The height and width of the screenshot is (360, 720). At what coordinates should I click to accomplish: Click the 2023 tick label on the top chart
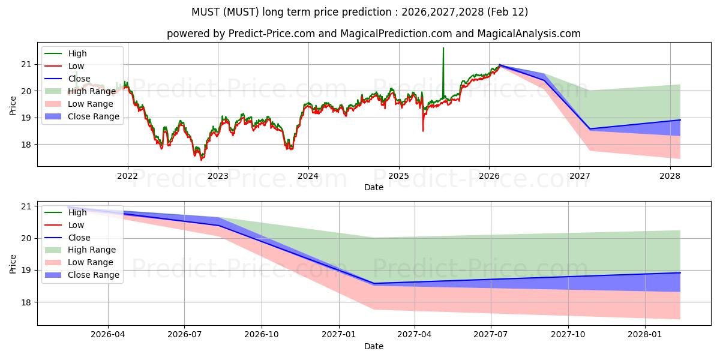pyautogui.click(x=217, y=176)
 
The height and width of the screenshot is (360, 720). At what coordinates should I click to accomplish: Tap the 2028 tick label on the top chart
pyautogui.click(x=670, y=176)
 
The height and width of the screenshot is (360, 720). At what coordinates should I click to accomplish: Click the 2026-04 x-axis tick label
pyautogui.click(x=108, y=335)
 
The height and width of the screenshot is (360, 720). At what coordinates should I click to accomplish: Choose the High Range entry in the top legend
pyautogui.click(x=92, y=92)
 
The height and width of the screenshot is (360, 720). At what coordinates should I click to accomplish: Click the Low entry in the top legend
pyautogui.click(x=76, y=66)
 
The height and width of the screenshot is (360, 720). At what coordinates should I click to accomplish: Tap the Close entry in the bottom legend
pyautogui.click(x=79, y=238)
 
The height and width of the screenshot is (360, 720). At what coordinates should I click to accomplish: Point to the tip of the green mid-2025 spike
pyautogui.click(x=443, y=48)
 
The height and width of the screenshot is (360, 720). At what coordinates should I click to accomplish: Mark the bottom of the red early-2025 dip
pyautogui.click(x=423, y=131)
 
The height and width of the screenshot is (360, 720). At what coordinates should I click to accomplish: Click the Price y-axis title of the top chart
pyautogui.click(x=13, y=104)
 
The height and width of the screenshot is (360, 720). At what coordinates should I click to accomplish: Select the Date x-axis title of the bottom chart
pyautogui.click(x=374, y=346)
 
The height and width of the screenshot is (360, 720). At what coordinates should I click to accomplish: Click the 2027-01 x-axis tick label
pyautogui.click(x=339, y=335)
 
